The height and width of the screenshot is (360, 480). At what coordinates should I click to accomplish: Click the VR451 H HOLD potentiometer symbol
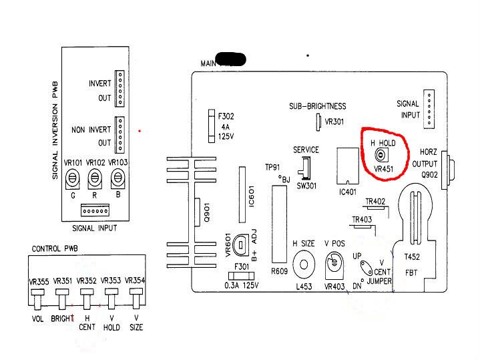[x=381, y=155]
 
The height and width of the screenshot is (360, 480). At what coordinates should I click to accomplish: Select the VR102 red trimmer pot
[x=95, y=178]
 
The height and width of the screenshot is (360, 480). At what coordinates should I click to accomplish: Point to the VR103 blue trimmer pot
[x=118, y=178]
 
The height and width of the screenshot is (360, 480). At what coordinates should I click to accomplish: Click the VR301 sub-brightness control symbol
[x=318, y=122]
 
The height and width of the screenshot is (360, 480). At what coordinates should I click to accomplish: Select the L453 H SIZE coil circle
[x=304, y=264]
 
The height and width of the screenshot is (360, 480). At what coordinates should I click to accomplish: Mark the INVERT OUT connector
[x=120, y=88]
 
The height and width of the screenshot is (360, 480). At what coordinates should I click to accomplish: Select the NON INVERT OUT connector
[x=120, y=135]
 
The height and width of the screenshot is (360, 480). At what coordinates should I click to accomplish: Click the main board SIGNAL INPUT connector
[x=429, y=108]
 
